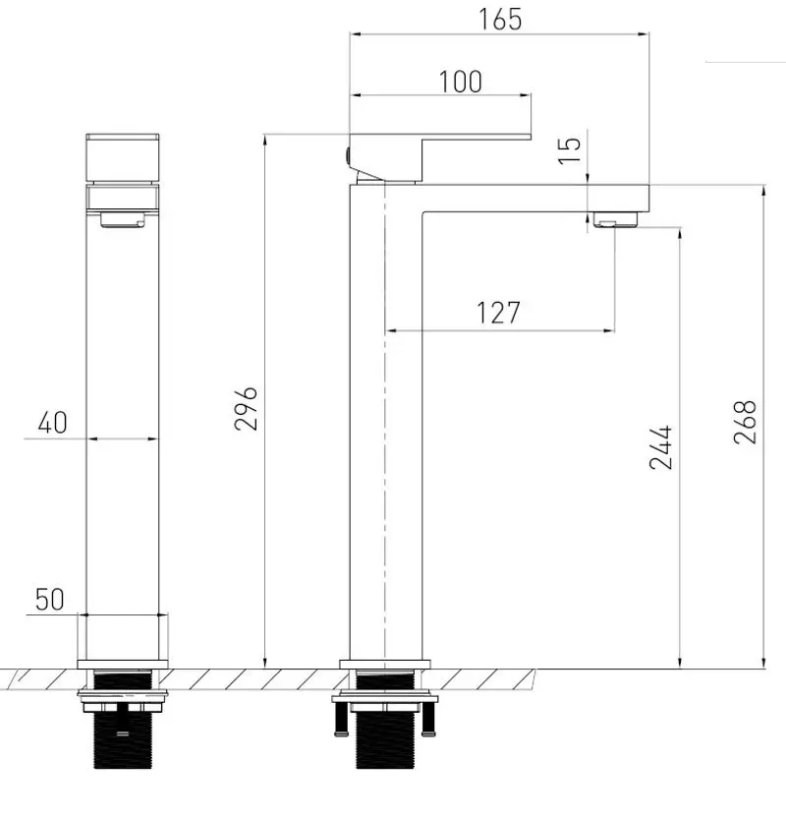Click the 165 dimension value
click(x=499, y=20)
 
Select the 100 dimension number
click(x=460, y=82)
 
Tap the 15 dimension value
click(x=569, y=150)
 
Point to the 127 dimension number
click(x=498, y=313)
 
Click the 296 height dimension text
click(x=246, y=408)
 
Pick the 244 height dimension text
click(x=660, y=447)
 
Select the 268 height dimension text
click(x=745, y=422)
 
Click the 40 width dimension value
click(x=53, y=422)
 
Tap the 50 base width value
click(x=50, y=599)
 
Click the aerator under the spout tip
click(x=616, y=220)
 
